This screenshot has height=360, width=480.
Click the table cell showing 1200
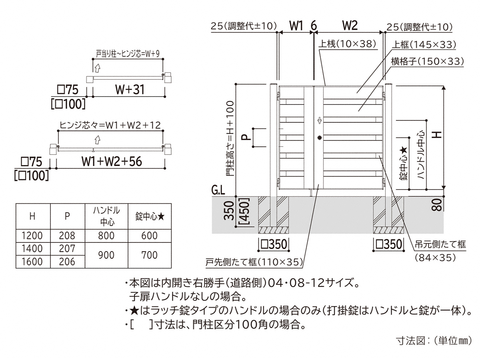click(x=32, y=236)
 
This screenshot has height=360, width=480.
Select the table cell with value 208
click(x=67, y=236)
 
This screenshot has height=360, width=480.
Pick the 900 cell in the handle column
click(x=106, y=255)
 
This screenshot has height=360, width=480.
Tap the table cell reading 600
click(x=149, y=236)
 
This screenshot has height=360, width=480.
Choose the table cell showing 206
click(x=67, y=262)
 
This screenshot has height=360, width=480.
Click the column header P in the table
click(x=67, y=216)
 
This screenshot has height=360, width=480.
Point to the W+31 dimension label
click(x=130, y=90)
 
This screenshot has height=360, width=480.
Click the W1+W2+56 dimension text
click(x=112, y=162)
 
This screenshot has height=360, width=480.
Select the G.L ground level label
click(x=218, y=191)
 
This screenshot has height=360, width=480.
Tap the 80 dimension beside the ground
click(x=437, y=205)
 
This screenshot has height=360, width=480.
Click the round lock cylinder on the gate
click(x=320, y=138)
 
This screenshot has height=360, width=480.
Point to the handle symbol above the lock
click(x=320, y=120)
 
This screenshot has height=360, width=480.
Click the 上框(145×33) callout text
click(x=424, y=44)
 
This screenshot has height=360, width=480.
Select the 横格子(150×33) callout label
click(x=427, y=62)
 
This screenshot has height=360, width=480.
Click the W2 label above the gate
click(x=350, y=26)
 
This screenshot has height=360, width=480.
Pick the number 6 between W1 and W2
click(x=314, y=26)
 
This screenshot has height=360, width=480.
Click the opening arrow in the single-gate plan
click(x=97, y=68)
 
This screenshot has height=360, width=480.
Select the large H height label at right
click(x=437, y=135)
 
